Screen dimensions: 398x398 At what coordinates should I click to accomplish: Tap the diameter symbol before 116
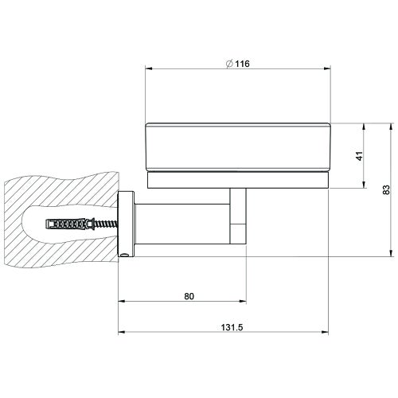pyautogui.click(x=229, y=64)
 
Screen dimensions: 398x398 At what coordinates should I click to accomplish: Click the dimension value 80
pyautogui.click(x=189, y=296)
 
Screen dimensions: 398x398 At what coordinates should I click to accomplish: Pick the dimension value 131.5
pyautogui.click(x=232, y=326)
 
